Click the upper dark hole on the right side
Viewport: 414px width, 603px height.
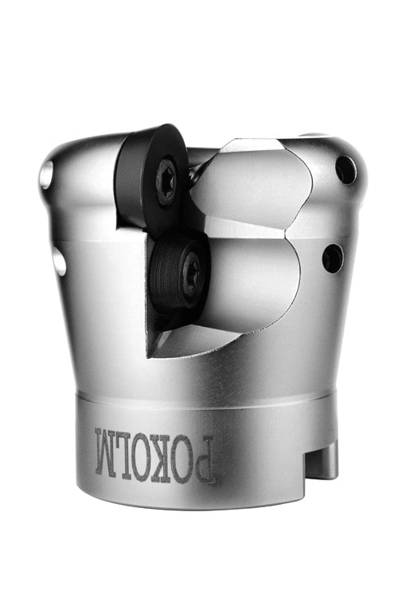pos(346,170)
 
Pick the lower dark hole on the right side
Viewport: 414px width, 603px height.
pos(333,258)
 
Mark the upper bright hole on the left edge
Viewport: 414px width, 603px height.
pos(46,175)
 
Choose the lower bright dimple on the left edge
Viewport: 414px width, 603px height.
pos(59,261)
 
